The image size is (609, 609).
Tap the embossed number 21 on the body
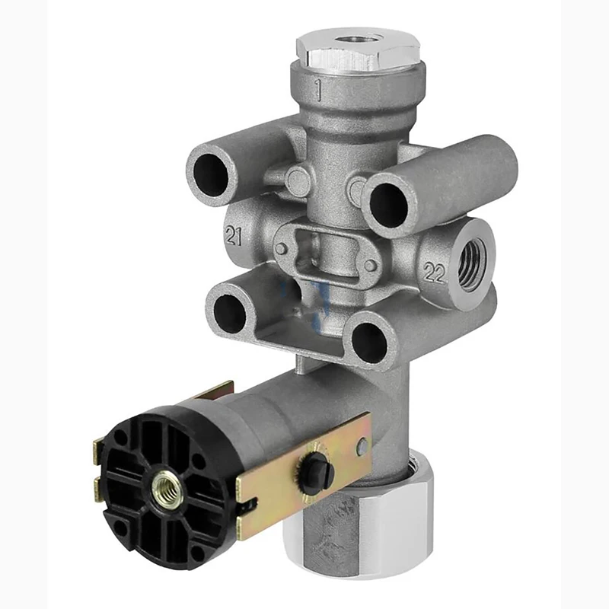pos(234,236)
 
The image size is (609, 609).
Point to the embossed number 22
pos(434,273)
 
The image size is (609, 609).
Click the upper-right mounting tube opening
pos(388,205)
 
